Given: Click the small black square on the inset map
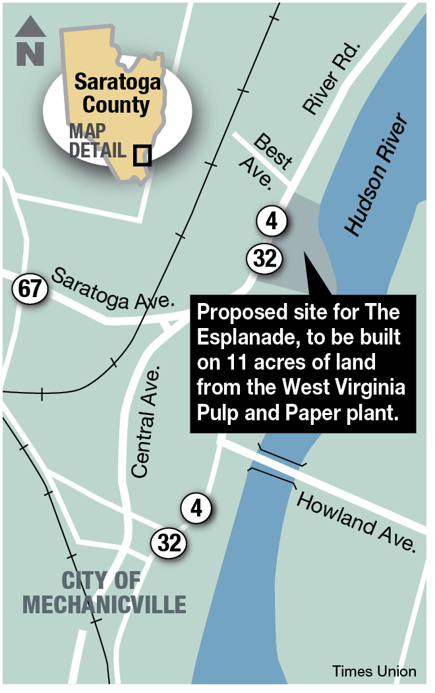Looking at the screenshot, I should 142,155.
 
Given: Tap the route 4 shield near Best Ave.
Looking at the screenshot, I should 271,222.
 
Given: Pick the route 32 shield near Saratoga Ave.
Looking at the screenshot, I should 264,259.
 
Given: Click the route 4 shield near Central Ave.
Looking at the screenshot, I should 196,509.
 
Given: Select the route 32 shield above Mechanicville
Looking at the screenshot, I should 169,543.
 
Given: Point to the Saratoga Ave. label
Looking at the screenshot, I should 112,288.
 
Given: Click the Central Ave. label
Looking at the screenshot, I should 147,422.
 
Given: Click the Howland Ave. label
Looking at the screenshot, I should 357,520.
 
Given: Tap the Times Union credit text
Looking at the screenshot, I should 374,671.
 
